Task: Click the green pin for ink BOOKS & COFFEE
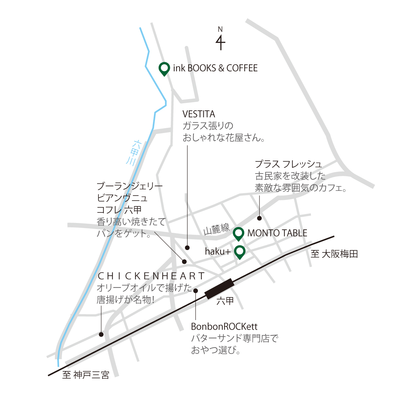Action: pos(164,69)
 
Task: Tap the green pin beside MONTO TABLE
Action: pos(239,233)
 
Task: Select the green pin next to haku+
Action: pos(240,251)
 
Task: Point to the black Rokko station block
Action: pos(219,289)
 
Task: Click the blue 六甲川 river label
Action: pos(134,153)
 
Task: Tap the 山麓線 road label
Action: pos(217,229)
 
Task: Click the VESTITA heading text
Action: pos(199,114)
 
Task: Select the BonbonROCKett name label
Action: pos(224,326)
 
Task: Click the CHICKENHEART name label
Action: pos(151,276)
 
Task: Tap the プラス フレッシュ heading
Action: pos(288,164)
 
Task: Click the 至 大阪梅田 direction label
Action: pos(334,254)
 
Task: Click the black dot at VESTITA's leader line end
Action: pos(187,248)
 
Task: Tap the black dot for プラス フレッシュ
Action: pos(259,218)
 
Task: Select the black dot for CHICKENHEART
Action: pos(101,334)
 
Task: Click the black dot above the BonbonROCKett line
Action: pos(196,291)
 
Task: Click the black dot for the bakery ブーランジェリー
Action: pos(184,262)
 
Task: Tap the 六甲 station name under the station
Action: pos(225,300)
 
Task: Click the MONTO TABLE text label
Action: pos(277,233)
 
